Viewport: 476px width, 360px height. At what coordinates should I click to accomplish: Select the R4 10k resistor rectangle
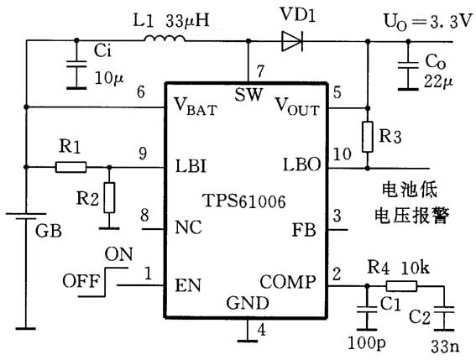pyautogui.click(x=404, y=285)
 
